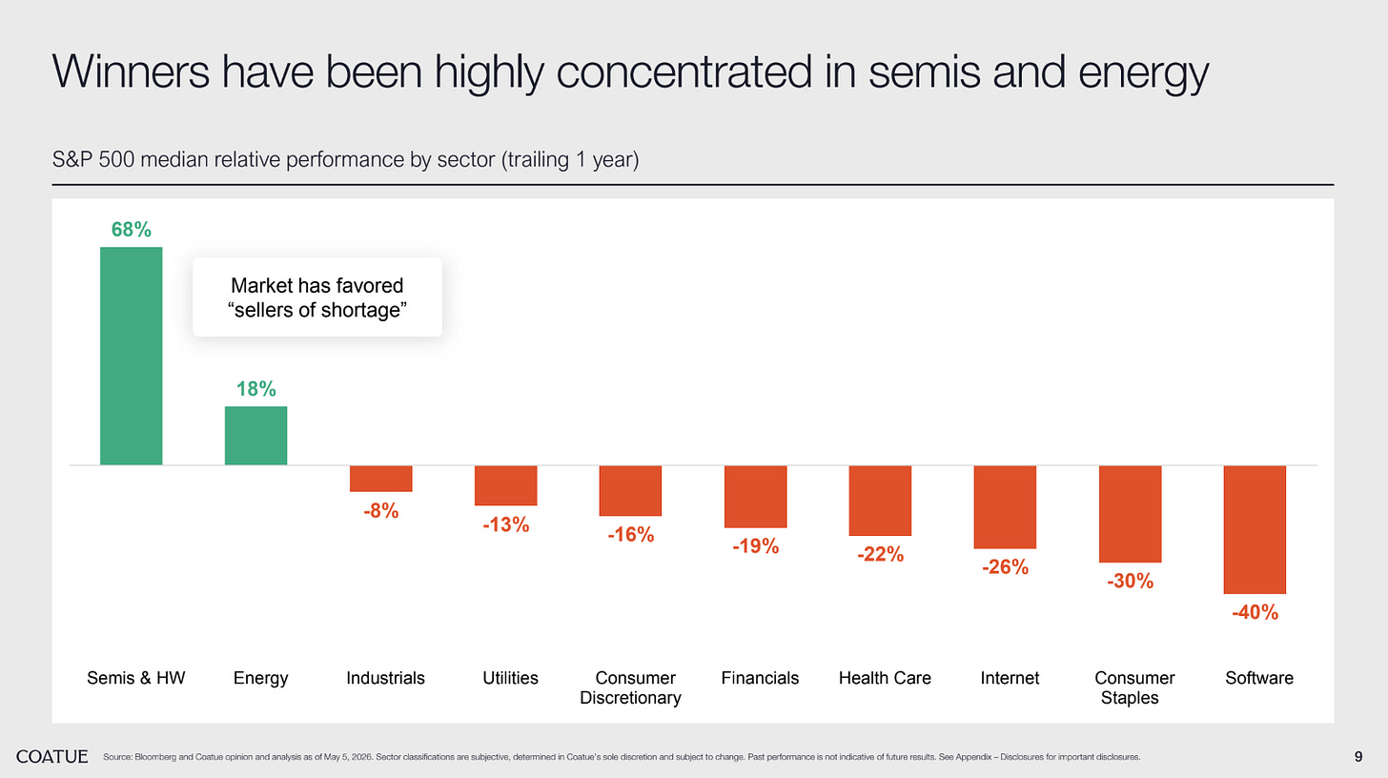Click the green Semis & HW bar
[x=132, y=356]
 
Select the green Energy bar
[x=255, y=436]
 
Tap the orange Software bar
[x=1255, y=529]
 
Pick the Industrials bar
[x=381, y=479]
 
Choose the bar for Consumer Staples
[x=1131, y=514]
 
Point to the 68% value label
[x=132, y=230]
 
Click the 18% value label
[x=255, y=389]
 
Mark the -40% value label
[x=1255, y=612]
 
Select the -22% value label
[x=881, y=554]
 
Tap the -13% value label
[x=505, y=525]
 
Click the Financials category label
[x=760, y=678]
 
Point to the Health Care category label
[x=885, y=678]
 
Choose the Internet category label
[x=1010, y=678]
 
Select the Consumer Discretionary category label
[x=631, y=688]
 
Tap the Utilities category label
[x=510, y=678]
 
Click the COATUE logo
[x=52, y=757]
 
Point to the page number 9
[x=1358, y=757]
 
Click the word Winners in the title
[x=131, y=72]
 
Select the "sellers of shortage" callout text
[x=317, y=310]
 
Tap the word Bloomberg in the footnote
[x=154, y=757]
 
